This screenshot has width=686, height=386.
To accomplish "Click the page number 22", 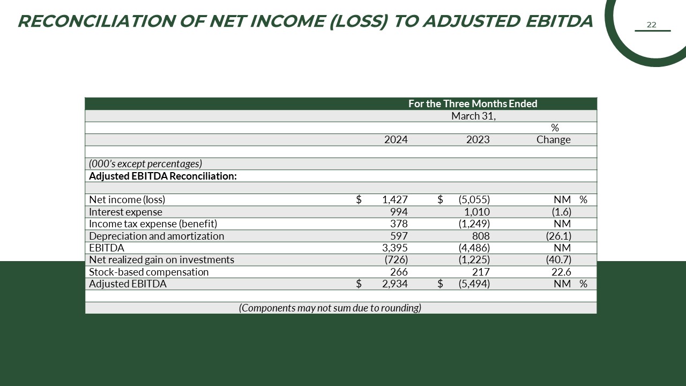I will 652,25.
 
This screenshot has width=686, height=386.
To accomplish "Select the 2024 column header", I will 396,139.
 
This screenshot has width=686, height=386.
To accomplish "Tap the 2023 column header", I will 478,139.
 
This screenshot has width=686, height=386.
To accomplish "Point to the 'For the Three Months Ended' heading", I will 473,103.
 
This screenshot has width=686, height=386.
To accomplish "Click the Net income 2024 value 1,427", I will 395,199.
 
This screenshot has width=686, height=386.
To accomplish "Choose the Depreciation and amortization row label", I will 156,236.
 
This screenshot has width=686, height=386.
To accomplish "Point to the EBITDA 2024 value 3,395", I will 395,248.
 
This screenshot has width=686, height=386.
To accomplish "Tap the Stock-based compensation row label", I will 149,272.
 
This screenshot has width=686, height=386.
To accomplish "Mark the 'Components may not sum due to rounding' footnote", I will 330,308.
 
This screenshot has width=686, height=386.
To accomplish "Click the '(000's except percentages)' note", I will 145,164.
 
